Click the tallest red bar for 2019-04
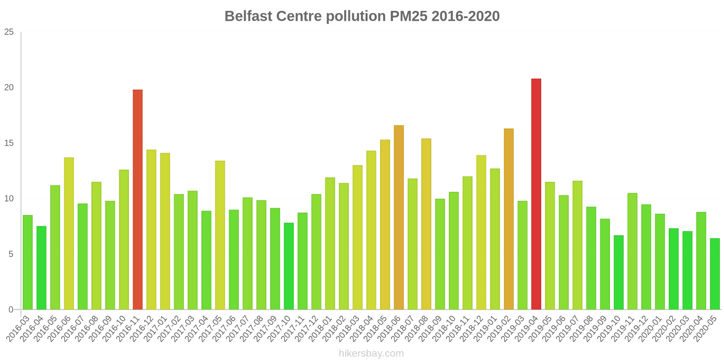click(536, 194)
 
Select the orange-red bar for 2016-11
click(138, 200)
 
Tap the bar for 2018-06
click(399, 217)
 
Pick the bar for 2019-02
click(509, 219)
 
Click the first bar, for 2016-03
click(28, 262)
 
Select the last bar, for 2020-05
click(714, 274)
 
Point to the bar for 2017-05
click(220, 235)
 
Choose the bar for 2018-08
click(426, 224)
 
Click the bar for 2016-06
click(69, 233)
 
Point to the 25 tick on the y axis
click(9, 32)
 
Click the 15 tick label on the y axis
click(9, 143)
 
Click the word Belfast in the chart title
click(248, 16)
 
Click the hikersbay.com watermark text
click(371, 353)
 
